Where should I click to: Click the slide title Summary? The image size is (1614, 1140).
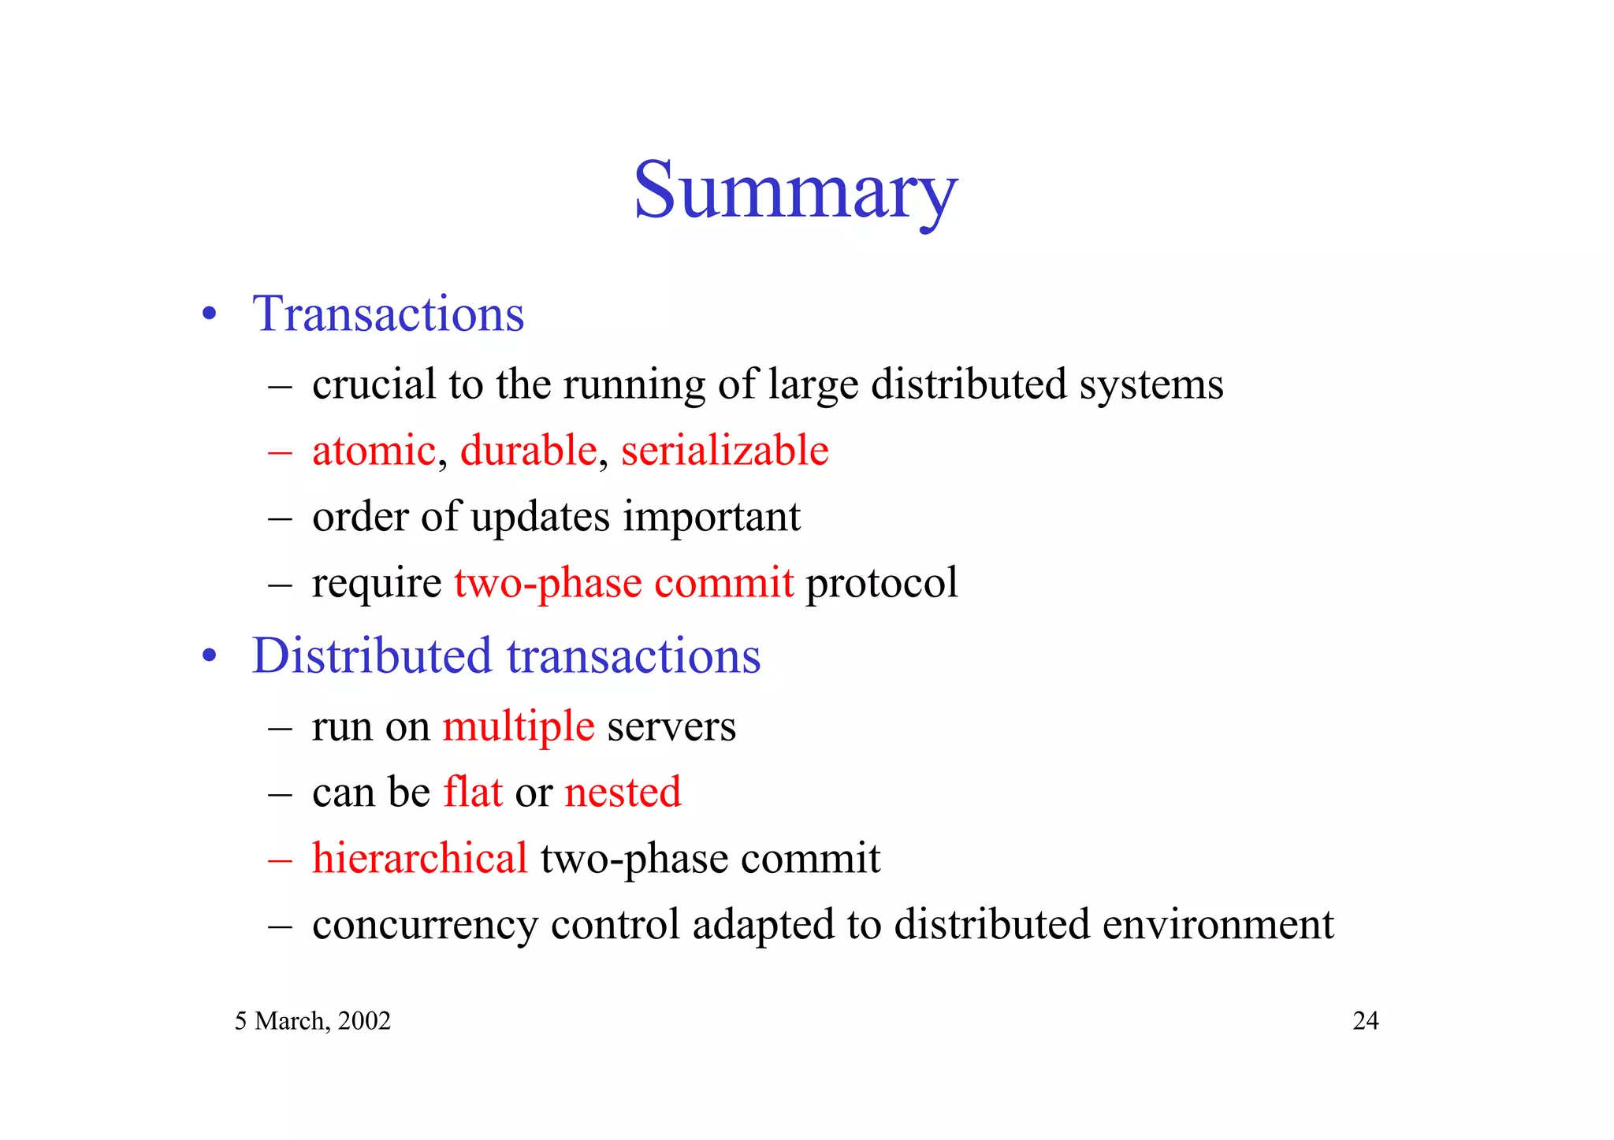795,191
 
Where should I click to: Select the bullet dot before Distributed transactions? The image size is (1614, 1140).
209,657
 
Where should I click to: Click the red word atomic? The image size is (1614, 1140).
374,451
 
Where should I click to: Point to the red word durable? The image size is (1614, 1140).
528,451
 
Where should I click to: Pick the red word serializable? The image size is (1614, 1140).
724,451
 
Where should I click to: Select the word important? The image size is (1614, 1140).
712,518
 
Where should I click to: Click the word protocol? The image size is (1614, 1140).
881,583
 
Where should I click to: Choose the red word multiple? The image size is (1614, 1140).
518,726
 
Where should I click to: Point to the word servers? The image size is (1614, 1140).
671,726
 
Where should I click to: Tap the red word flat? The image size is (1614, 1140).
473,792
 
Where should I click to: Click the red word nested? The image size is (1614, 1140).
623,792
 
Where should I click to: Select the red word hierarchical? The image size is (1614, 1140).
419,858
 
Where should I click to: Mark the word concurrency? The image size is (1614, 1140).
425,925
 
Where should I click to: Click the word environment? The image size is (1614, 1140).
1218,924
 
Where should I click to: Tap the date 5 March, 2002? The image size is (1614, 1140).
313,1021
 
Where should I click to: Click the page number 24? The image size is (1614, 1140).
1365,1021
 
